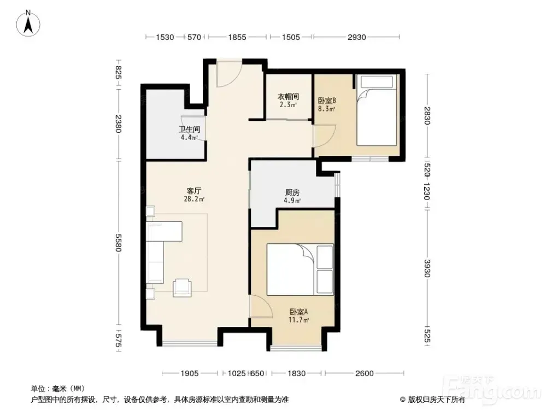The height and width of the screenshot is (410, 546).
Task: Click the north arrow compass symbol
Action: pyautogui.click(x=28, y=23)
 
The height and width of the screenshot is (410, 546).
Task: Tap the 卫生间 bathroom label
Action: pyautogui.click(x=190, y=129)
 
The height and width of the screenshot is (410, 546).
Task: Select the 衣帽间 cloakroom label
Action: pyautogui.click(x=289, y=97)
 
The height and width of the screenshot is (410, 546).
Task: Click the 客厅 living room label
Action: pyautogui.click(x=194, y=191)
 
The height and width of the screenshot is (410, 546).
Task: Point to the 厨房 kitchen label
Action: pyautogui.click(x=292, y=192)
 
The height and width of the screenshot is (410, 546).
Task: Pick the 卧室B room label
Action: pyautogui.click(x=327, y=101)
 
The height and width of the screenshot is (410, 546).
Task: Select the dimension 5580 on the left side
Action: pyautogui.click(x=118, y=243)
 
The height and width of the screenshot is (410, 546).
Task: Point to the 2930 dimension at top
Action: pyautogui.click(x=356, y=37)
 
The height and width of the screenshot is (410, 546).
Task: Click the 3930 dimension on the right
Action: pyautogui.click(x=427, y=268)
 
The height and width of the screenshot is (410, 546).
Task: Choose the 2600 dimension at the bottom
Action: pyautogui.click(x=364, y=373)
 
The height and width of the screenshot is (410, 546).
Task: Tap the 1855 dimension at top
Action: pyautogui.click(x=237, y=37)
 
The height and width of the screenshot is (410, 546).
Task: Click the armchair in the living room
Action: pyautogui.click(x=182, y=288)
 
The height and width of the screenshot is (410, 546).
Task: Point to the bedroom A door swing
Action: pyautogui.click(x=261, y=306)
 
